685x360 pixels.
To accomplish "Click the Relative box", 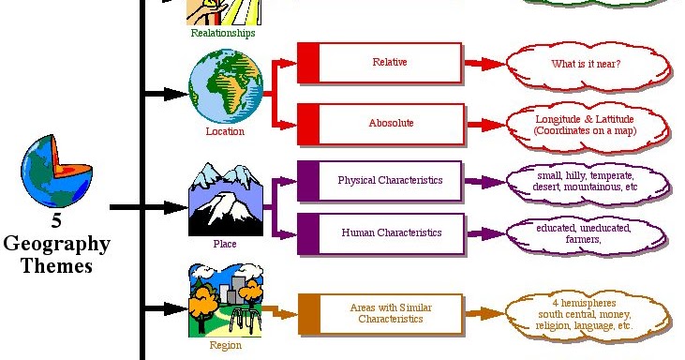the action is coord(380,63).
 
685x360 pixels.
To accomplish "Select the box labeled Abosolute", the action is coord(380,124).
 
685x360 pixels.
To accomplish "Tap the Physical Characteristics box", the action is coord(380,181).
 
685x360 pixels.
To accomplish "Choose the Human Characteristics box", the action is coord(380,233).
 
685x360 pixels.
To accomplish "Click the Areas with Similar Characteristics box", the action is coord(380,314).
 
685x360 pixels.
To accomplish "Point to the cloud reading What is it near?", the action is coord(588,66).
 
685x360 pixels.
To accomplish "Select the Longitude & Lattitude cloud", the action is coord(588,127).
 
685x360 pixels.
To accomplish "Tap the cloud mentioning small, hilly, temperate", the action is coord(588,183).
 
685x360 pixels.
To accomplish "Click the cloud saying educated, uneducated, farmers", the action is coord(587,235).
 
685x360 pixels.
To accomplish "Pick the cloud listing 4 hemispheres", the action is coord(588,316).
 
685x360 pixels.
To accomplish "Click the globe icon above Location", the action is coord(226,86).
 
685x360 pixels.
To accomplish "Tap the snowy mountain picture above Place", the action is coord(226,200).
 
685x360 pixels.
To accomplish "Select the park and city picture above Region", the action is coord(226,301).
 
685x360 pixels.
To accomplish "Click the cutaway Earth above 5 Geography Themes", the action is coord(56,172).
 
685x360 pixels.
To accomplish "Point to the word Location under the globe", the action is coord(225,131).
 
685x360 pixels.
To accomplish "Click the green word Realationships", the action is coord(223,33).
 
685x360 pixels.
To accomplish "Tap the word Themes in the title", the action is coord(56,265).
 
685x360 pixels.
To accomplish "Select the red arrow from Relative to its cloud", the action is coord(485,64).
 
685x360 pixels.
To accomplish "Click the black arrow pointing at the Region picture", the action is coord(167,308).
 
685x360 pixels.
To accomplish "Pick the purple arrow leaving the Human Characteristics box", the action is coord(486,233).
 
